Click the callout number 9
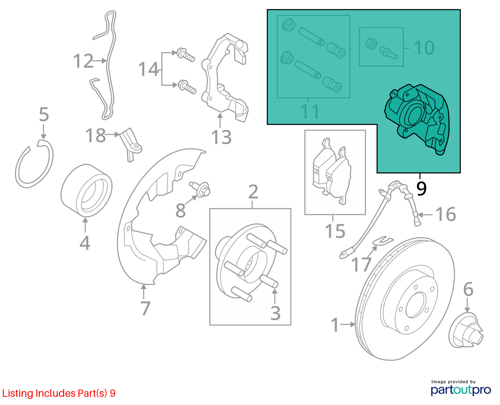pos(421,189)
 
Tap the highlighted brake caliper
pos(417,119)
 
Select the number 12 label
pos(83,61)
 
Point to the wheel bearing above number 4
pos(86,191)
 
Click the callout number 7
pos(145,308)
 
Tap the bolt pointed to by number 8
pos(200,189)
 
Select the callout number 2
pos(253,192)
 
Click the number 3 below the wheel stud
pos(275,313)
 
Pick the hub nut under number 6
pos(466,331)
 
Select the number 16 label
pos(446,214)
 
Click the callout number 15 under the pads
pos(335,231)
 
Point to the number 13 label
pos(221,137)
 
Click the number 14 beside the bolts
pos(148,69)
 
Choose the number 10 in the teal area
pos(424,48)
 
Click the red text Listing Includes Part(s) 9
pos(59,393)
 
